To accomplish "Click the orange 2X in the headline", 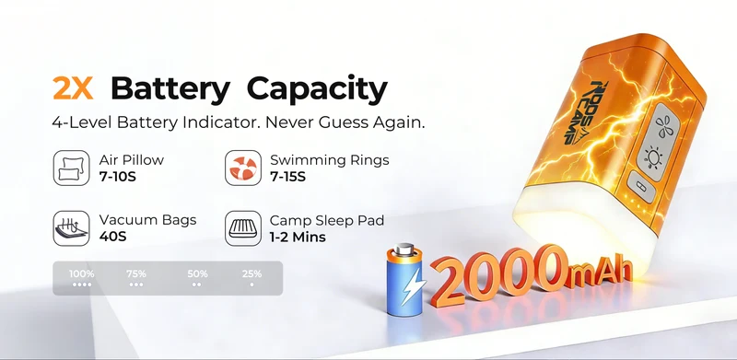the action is coord(73,87).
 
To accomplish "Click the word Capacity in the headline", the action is coord(317,90).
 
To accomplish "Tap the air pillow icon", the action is coord(72,168).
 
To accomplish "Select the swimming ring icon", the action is coord(243,168).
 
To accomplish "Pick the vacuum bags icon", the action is coord(72,228).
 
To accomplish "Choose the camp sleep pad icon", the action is coord(243,228).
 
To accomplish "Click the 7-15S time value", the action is coord(287,177).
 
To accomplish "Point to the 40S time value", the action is coord(112,237).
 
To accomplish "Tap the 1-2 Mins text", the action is coord(298,237).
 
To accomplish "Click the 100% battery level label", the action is coord(82,273).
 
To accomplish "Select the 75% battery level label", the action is coord(136,273).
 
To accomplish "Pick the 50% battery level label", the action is coord(197,273).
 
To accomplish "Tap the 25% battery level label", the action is coord(252,273).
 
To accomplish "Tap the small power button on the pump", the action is coord(641,188).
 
